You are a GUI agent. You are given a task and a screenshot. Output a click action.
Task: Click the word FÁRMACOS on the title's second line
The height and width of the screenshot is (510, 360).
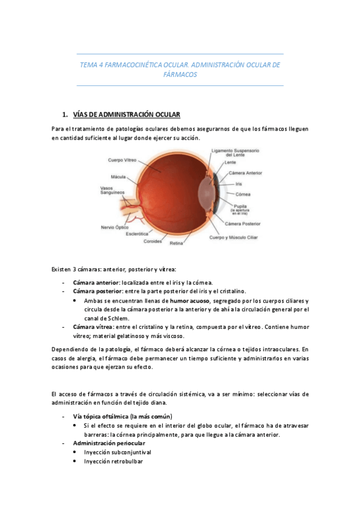click(180, 75)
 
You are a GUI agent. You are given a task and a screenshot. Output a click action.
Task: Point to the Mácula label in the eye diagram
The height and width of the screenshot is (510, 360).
click(118, 177)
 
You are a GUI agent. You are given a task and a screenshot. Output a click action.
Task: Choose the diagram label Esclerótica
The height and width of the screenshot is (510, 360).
click(137, 234)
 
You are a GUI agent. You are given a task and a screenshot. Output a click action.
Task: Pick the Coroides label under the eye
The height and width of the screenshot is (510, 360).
click(153, 241)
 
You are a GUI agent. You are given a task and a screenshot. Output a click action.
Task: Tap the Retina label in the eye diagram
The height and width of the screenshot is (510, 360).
click(175, 243)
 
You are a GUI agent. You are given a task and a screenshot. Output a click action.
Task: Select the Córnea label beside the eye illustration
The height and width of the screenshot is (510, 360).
click(243, 194)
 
